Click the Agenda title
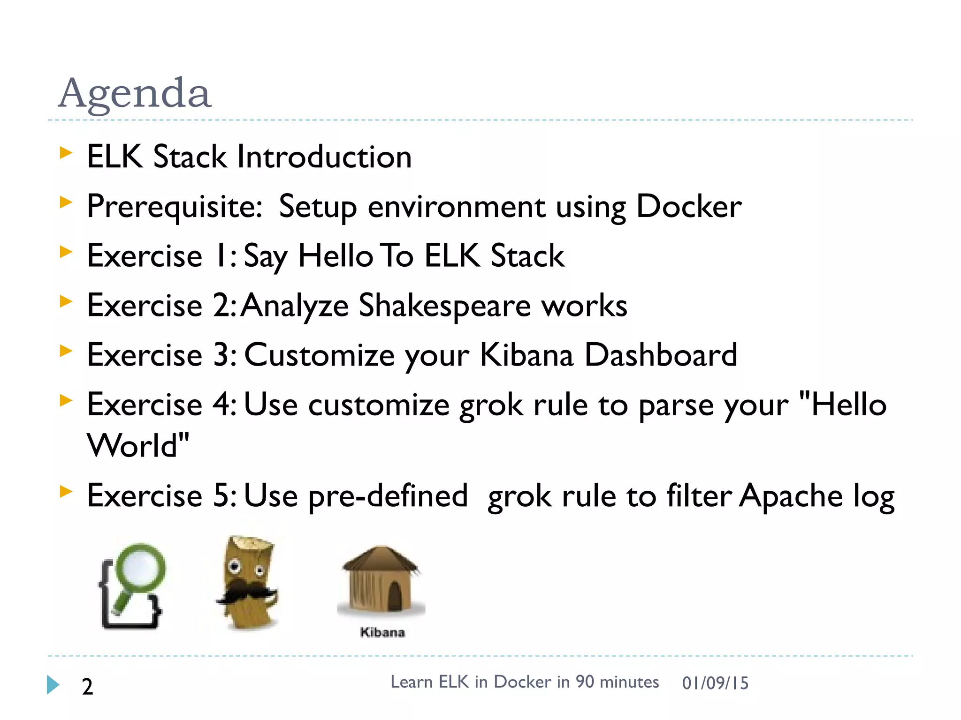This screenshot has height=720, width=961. tap(135, 93)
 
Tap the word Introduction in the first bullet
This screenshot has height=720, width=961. tap(324, 157)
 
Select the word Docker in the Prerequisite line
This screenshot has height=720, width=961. tap(688, 206)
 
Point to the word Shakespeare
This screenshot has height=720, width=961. tap(444, 306)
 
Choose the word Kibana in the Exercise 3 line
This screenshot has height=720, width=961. tap(526, 355)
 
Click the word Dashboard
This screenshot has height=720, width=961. tap(661, 355)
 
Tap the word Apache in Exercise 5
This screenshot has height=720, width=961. tap(791, 496)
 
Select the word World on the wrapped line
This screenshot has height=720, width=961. tap(133, 445)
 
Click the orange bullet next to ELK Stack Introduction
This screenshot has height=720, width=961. tap(66, 152)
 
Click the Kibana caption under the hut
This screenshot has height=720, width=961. tap(382, 632)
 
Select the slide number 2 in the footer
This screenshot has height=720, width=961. tap(87, 687)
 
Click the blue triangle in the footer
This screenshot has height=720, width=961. tap(53, 685)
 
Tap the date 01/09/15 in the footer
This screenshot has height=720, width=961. tap(715, 683)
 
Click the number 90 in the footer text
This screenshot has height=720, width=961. tap(585, 682)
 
